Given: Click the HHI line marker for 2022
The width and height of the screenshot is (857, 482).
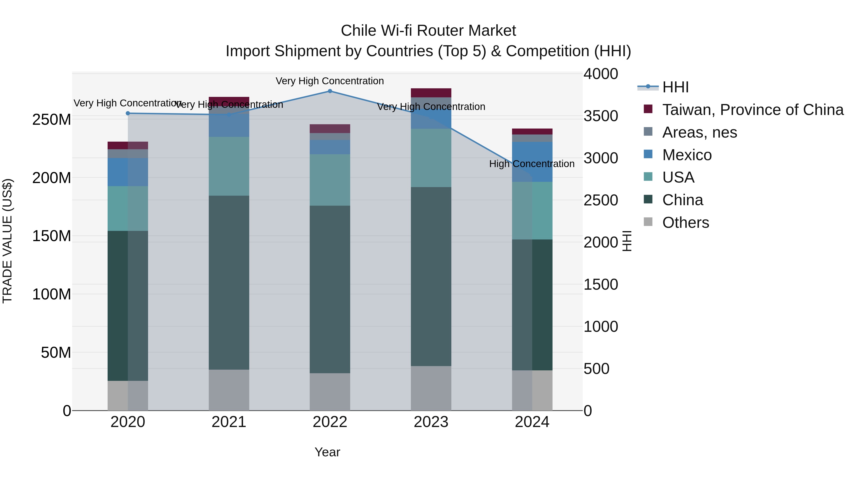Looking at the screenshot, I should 330,91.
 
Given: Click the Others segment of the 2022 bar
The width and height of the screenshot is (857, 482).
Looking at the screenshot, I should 330,392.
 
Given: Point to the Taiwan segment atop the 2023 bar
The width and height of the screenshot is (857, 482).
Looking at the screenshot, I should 431,93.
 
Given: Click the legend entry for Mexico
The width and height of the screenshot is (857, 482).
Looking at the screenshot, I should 686,155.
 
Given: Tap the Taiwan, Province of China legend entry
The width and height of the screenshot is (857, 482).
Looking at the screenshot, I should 752,110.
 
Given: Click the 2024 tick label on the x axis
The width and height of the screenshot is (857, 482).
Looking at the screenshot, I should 532,422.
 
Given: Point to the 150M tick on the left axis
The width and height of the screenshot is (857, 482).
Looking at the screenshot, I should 52,236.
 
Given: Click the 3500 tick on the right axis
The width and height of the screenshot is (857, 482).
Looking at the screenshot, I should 601,116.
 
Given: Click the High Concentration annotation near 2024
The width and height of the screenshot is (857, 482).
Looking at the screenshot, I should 532,164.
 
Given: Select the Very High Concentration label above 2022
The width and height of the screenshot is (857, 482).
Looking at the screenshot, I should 330,81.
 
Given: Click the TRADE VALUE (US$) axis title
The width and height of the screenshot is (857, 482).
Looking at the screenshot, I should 7,241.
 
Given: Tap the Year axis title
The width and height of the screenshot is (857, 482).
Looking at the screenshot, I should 327,452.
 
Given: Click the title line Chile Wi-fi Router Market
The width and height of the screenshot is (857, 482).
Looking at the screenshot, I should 428,31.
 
